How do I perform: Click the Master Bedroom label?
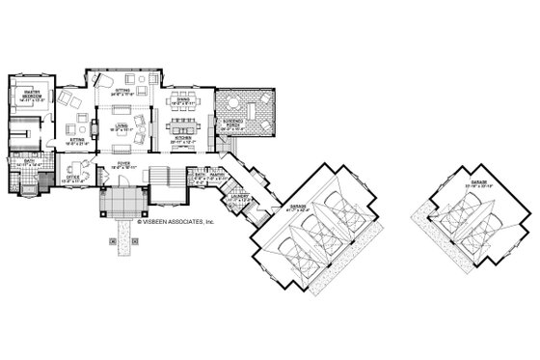(x=27, y=93)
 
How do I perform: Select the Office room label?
(x=73, y=177)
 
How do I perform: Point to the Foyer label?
(x=122, y=165)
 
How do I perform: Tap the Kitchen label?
(x=183, y=140)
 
